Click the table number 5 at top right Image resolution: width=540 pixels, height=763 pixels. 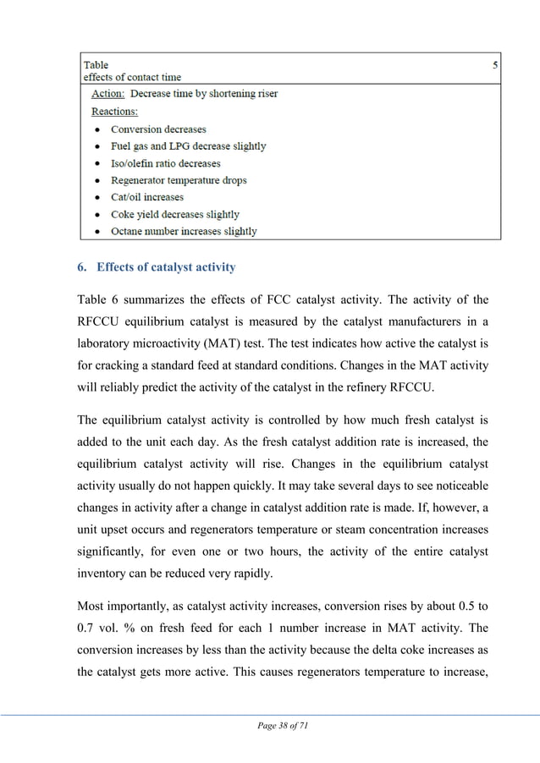(495, 65)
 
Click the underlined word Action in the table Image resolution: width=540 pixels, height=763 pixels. (107, 94)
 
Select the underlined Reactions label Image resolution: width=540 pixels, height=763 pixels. (114, 111)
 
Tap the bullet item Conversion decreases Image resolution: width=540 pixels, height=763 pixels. (158, 129)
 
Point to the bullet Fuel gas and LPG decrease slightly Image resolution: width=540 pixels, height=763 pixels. (188, 146)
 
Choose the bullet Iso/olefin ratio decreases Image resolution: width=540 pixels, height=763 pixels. (165, 163)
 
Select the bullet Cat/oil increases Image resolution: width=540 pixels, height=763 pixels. (146, 197)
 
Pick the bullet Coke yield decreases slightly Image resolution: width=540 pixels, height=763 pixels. (174, 214)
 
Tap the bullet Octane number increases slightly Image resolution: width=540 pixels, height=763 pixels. (184, 231)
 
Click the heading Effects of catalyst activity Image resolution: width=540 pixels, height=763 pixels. (166, 268)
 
